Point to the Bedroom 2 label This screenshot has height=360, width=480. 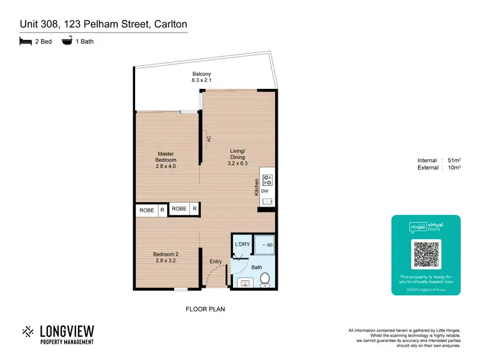point(165,256)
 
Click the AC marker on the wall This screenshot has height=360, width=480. point(208,137)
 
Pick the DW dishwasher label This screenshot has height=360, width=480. point(264,191)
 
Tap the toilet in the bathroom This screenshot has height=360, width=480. point(265,279)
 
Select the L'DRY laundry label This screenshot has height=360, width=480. point(241,244)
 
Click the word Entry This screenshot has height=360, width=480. point(216,261)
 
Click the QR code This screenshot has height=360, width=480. point(426,254)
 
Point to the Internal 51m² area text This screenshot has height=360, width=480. point(439,160)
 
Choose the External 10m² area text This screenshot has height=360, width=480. point(439,168)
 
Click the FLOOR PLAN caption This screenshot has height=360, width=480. point(205,309)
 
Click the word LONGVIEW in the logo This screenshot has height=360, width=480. point(67,331)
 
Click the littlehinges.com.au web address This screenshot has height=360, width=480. point(426,288)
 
